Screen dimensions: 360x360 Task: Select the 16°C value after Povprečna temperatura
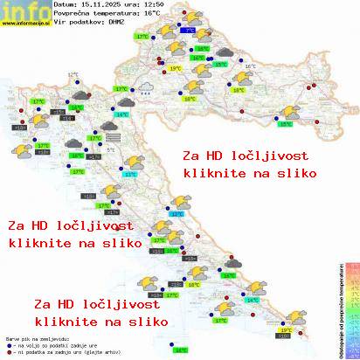coord(151,15)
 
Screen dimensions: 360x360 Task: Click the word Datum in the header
coord(65,5)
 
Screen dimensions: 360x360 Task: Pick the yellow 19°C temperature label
coord(175,67)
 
